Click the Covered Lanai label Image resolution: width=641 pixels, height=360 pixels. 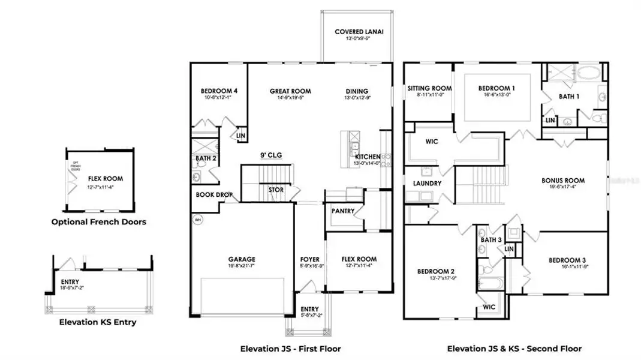point(359,32)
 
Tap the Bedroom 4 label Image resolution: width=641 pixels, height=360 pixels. point(219,91)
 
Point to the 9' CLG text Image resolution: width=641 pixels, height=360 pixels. point(270,155)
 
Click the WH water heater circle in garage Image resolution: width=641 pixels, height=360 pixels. point(198,220)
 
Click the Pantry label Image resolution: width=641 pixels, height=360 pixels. point(343,211)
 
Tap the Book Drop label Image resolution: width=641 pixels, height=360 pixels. point(213,195)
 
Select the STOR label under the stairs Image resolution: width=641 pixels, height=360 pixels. point(275,190)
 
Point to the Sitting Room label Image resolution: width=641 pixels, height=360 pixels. point(429,88)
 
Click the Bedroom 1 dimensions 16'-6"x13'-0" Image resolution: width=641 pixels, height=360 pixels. point(496,95)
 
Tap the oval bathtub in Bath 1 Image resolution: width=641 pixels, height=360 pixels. point(591,74)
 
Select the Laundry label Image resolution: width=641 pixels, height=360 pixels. point(427,183)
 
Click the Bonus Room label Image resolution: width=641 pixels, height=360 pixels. point(562,180)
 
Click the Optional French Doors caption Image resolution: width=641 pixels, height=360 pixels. point(98,221)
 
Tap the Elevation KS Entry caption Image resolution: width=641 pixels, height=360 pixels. point(98,322)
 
